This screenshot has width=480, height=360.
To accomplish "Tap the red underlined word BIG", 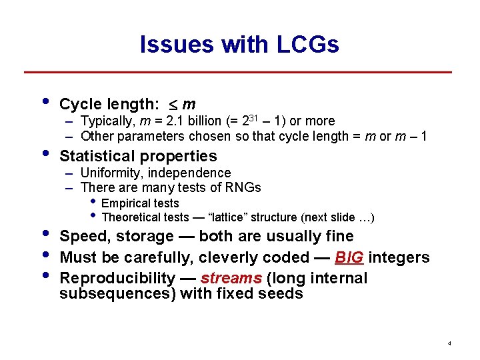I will [x=349, y=257].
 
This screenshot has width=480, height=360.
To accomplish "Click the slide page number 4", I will [x=449, y=343].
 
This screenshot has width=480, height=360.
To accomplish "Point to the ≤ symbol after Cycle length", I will [x=171, y=105].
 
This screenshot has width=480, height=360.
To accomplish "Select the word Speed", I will [x=83, y=236].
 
